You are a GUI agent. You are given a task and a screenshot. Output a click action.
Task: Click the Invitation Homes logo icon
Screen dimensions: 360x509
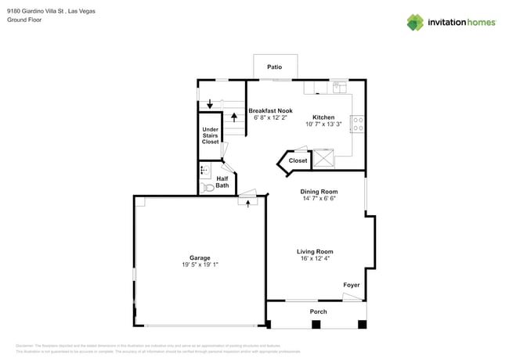pos(416,22)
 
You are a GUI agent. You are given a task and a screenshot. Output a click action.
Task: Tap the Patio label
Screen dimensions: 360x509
pos(274,67)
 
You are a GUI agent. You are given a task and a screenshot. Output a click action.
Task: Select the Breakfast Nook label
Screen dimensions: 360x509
pos(270,110)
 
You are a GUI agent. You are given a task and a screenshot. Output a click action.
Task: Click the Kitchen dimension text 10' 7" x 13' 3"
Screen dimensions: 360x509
pos(323,124)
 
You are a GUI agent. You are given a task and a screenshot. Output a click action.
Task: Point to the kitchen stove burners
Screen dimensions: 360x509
pos(357,123)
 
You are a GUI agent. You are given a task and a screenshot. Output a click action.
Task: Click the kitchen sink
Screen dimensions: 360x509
pos(338,88)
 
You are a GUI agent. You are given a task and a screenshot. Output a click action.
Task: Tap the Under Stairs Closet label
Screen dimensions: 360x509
pos(210,135)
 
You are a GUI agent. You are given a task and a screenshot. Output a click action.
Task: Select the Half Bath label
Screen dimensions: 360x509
pos(222,182)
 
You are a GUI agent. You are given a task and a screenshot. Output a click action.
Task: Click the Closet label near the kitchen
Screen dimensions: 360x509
pos(298,160)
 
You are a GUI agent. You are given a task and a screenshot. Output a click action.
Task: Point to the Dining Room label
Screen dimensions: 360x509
pos(319,191)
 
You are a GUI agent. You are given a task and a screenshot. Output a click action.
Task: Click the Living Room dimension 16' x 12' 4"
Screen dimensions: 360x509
pos(314,258)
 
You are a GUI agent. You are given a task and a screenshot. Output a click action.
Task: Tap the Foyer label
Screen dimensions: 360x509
pos(352,285)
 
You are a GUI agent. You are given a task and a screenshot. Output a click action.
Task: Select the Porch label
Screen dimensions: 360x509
pos(318,311)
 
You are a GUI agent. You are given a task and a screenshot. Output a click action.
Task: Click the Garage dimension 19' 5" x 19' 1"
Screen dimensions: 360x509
pos(199,265)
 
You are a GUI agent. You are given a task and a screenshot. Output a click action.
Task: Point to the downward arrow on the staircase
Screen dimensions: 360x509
pos(209,104)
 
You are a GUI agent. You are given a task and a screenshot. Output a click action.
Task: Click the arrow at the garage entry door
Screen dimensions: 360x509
pos(248,203)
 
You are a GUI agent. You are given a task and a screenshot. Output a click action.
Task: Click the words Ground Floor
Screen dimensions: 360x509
pos(24,20)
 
